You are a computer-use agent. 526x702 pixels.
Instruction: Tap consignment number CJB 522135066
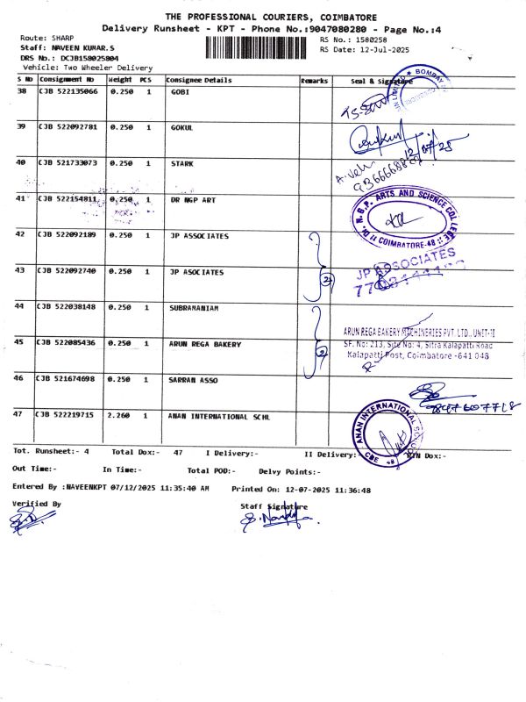point(67,91)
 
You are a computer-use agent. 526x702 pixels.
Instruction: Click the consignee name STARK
point(181,163)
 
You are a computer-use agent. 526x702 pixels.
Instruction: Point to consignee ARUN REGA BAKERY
point(204,344)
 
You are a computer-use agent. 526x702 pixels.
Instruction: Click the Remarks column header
point(314,80)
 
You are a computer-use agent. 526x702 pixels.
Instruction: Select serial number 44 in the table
point(20,306)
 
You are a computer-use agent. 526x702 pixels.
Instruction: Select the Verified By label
point(37,504)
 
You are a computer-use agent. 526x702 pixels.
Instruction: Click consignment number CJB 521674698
point(67,377)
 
